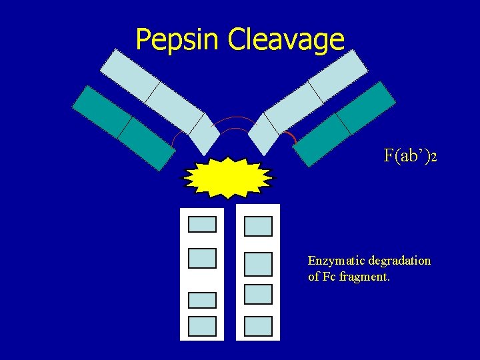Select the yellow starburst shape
pyautogui.click(x=228, y=178)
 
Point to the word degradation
pyautogui.click(x=400, y=261)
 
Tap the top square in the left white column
pyautogui.click(x=202, y=224)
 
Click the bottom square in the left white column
pyautogui.click(x=202, y=326)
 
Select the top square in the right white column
pyautogui.click(x=258, y=226)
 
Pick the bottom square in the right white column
pyautogui.click(x=258, y=326)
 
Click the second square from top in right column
pyautogui.click(x=258, y=263)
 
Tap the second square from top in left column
pyautogui.click(x=202, y=258)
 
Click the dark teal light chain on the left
pyautogui.click(x=123, y=127)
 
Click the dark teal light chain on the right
pyautogui.click(x=345, y=123)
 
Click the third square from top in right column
pyautogui.click(x=258, y=294)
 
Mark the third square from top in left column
pyautogui.click(x=202, y=300)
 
